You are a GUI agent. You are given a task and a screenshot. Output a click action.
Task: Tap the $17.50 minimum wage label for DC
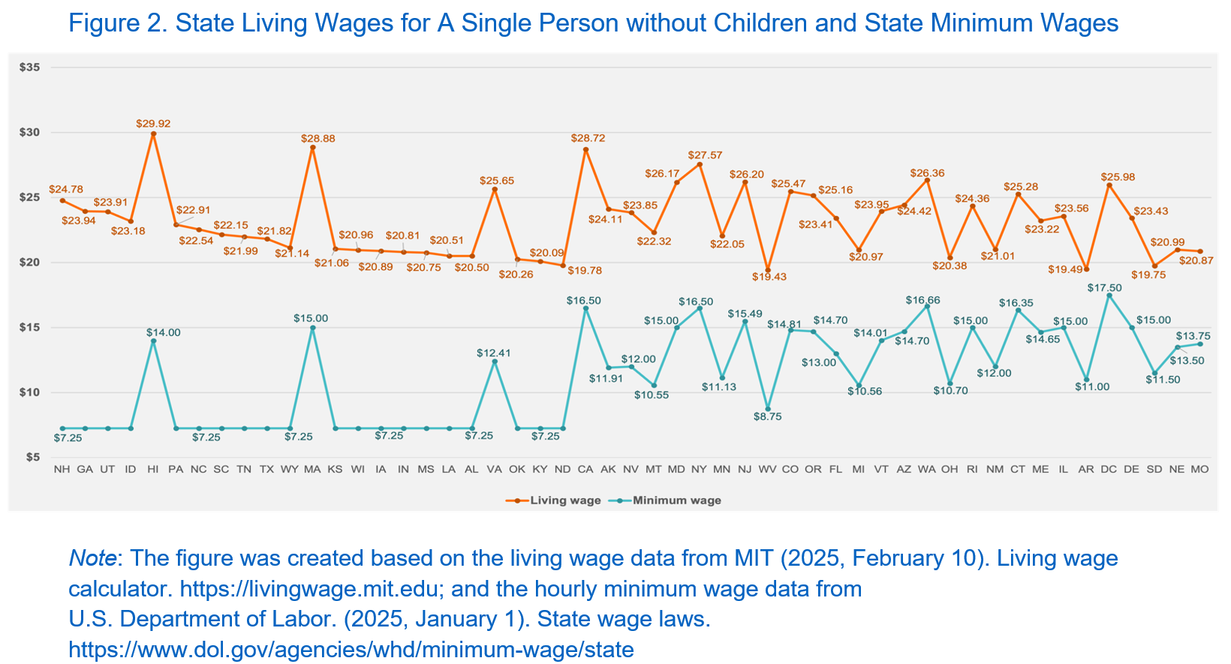pyautogui.click(x=1104, y=287)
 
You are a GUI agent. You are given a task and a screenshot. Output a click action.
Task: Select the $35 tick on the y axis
pyautogui.click(x=30, y=68)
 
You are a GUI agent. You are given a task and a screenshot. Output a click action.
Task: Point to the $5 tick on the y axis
pyautogui.click(x=33, y=457)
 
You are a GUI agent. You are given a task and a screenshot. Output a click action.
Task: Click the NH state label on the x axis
pyautogui.click(x=62, y=469)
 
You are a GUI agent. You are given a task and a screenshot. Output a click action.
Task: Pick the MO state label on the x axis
pyautogui.click(x=1199, y=469)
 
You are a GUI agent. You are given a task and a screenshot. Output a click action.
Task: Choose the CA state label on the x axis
pyautogui.click(x=585, y=469)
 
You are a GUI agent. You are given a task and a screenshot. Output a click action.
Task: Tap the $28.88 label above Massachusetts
pyautogui.click(x=316, y=139)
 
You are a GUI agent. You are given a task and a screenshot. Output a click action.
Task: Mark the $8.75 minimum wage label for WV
pyautogui.click(x=767, y=416)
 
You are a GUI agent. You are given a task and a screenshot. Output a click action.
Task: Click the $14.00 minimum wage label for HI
pyautogui.click(x=164, y=332)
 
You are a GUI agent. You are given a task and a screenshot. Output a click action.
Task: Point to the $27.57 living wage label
pyautogui.click(x=705, y=155)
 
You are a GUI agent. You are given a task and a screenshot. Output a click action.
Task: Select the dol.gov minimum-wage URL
pyautogui.click(x=351, y=649)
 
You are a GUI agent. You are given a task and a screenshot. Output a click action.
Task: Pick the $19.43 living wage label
pyautogui.click(x=769, y=277)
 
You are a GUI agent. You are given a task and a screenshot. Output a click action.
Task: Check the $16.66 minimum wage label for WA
pyautogui.click(x=922, y=300)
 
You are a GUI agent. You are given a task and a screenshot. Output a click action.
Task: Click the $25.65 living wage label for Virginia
pyautogui.click(x=497, y=181)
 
